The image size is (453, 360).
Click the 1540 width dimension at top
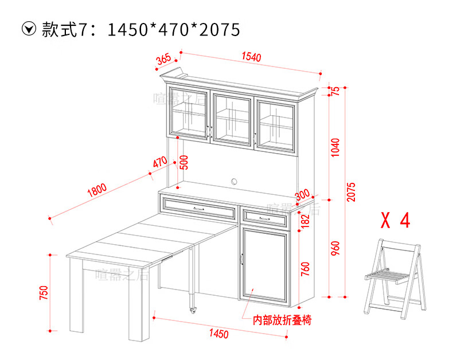pos(251,57)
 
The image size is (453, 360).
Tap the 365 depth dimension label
pos(163,58)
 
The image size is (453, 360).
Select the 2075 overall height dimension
pos(352,191)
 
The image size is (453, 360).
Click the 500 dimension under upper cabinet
pos(183,162)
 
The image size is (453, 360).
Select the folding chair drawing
pos(396,275)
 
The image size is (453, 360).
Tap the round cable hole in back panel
pos(234,182)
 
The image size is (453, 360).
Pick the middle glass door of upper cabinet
pos(232,118)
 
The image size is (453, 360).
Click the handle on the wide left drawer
pos(199,209)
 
